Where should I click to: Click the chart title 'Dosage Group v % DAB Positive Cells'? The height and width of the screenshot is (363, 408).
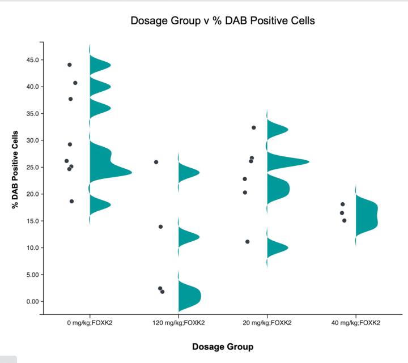223,21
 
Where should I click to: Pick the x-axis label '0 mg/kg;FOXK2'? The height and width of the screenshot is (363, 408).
90,323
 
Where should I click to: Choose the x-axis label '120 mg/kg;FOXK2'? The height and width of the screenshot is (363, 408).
178,323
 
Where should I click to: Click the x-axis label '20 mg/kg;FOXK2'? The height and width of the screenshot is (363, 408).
267,323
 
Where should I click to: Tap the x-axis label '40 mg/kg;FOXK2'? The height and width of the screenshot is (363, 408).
356,323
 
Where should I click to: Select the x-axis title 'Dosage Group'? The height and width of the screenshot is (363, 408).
222,347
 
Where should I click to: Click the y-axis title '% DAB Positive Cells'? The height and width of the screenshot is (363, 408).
15,170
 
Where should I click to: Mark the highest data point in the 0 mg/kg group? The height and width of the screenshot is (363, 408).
70,65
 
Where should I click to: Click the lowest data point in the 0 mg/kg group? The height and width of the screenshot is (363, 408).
71,201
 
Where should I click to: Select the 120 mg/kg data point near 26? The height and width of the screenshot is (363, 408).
156,162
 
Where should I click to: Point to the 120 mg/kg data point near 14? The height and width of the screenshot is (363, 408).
160,227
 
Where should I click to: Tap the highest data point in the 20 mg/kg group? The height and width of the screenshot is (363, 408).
254,127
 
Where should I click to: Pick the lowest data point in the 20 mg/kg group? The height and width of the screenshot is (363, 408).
248,241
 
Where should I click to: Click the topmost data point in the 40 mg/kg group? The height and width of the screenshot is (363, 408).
343,204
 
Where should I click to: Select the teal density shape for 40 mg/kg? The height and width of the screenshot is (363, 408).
366,215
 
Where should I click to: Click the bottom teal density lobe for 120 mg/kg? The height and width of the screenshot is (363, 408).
189,294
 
